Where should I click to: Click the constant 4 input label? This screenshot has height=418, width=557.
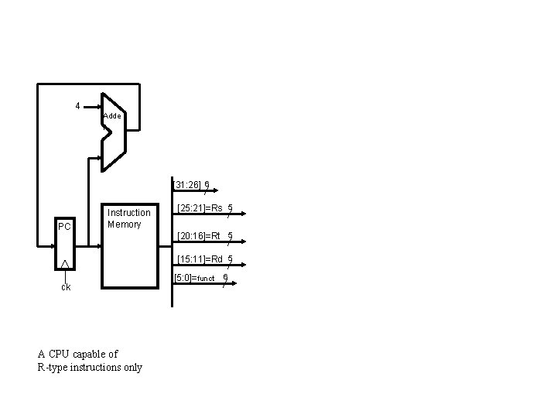click(77, 105)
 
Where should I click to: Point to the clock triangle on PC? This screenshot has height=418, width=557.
click(66, 265)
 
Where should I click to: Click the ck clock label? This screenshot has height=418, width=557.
click(66, 287)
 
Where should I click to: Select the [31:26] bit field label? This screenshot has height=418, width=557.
click(187, 185)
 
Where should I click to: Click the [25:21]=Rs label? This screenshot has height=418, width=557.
click(200, 207)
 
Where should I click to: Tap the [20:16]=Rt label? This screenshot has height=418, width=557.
click(199, 235)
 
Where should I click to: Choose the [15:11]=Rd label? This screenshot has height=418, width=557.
click(200, 259)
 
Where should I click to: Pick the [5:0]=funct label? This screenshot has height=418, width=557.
click(196, 278)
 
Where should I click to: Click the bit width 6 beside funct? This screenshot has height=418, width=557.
click(225, 277)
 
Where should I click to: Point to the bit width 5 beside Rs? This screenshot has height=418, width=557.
click(231, 207)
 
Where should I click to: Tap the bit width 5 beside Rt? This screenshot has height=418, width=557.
click(230, 235)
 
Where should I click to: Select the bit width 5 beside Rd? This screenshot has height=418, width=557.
click(231, 259)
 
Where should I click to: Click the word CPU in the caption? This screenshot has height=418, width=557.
click(60, 355)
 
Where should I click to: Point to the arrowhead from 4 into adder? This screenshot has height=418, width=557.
click(96, 105)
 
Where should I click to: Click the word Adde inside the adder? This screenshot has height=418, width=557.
click(112, 115)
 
